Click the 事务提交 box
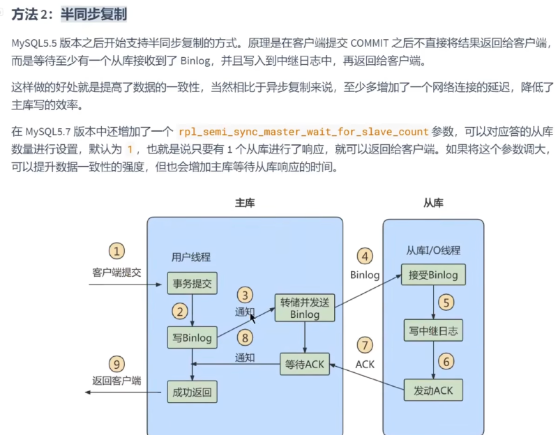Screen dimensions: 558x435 193,283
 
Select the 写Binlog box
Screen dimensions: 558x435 193,337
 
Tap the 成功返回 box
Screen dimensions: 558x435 193,392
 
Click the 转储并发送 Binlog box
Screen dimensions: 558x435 305,308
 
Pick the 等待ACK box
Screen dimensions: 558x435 305,364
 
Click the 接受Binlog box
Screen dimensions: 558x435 433,275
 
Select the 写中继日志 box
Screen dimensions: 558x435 433,330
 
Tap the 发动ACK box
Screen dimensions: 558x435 433,390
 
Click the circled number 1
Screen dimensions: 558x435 116,251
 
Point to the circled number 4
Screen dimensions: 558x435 365,256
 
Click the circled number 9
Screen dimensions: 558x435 116,364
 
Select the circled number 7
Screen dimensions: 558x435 365,345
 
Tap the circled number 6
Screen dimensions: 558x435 446,362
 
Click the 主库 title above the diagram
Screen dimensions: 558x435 245,203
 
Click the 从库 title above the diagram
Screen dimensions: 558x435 433,203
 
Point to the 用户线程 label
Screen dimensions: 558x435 191,257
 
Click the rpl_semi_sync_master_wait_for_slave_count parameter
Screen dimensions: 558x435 303,132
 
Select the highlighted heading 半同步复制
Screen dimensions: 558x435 93,14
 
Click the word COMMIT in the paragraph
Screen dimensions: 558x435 370,43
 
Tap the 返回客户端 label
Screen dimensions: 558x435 116,381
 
